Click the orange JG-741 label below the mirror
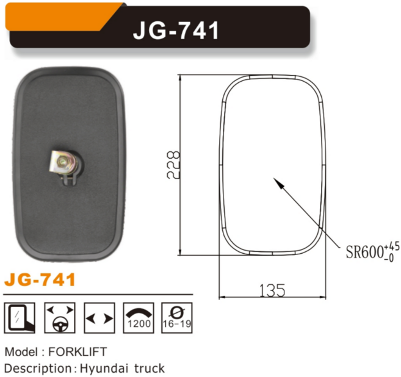click(x=40, y=281)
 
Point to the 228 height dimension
click(x=173, y=164)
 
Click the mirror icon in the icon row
click(x=19, y=317)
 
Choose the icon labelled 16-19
click(x=177, y=317)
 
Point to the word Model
click(x=19, y=352)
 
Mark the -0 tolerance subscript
click(x=389, y=257)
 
